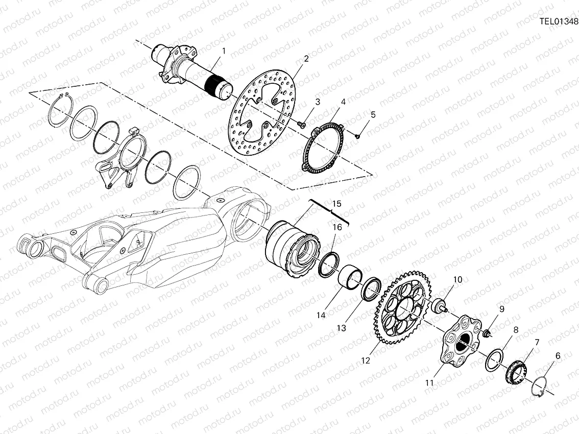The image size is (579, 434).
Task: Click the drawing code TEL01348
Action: [559, 21]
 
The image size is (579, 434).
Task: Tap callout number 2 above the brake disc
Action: [306, 58]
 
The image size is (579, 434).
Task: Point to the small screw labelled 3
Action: [302, 125]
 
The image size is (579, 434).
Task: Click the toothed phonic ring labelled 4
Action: [309, 152]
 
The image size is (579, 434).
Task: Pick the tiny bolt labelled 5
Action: [357, 136]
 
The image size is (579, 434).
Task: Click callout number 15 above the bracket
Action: [336, 204]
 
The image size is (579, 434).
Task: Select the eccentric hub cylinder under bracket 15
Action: [291, 250]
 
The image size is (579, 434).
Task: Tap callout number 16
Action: [337, 227]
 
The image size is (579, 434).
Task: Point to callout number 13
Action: [341, 328]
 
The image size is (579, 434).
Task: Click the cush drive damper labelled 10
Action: [439, 305]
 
